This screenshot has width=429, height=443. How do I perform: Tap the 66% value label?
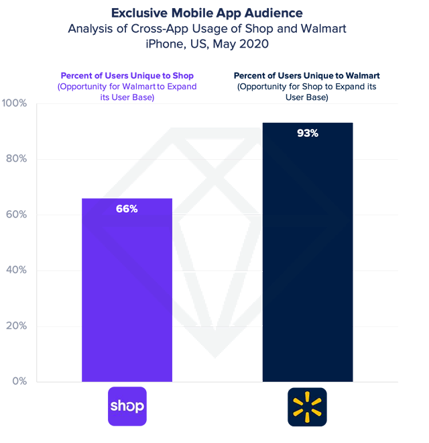[127, 209]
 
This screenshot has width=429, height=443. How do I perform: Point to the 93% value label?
[307, 133]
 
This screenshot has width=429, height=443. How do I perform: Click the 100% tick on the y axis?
[14, 103]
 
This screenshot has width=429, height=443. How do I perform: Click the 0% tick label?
[19, 381]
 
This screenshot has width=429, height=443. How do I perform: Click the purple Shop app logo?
[127, 407]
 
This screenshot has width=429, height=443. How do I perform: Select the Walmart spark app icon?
[307, 407]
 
